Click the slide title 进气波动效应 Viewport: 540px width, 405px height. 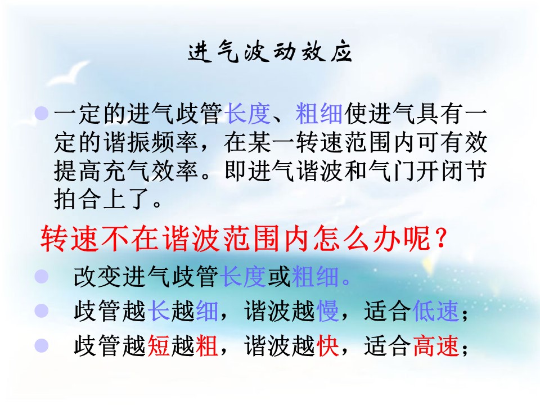tap(270, 52)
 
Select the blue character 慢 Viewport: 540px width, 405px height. tap(327, 311)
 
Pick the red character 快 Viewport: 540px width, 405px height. tap(327, 345)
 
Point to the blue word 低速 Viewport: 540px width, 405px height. tap(435, 311)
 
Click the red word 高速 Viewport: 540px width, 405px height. tap(435, 345)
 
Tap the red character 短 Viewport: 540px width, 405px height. tap(159, 345)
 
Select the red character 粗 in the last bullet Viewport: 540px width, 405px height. tap(206, 345)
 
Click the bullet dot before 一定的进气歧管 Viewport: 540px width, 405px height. tap(42, 113)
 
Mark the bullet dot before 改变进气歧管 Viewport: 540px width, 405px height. tap(42, 276)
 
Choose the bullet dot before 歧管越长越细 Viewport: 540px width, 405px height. tap(42, 310)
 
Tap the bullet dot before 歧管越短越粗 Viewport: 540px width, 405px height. tap(42, 345)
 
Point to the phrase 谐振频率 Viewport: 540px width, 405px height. tap(151, 142)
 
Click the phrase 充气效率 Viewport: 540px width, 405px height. tap(151, 171)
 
